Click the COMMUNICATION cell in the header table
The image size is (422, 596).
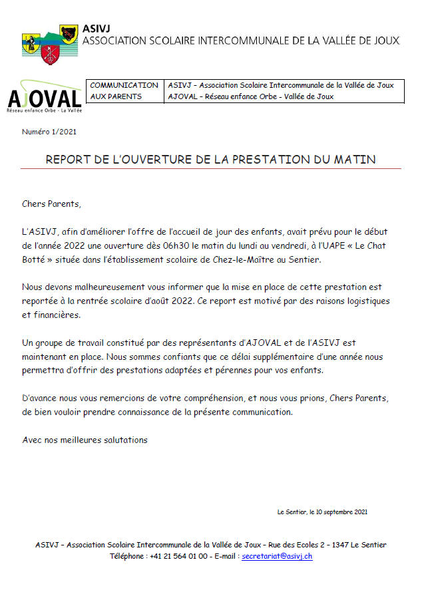pos(124,85)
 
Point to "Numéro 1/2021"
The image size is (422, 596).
pos(49,132)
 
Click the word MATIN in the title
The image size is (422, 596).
pos(355,160)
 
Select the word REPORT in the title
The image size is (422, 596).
pos(69,160)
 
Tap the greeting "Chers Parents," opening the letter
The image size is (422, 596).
pos(51,204)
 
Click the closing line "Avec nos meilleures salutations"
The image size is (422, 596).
pos(85,440)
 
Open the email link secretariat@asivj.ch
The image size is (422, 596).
pos(277,555)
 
